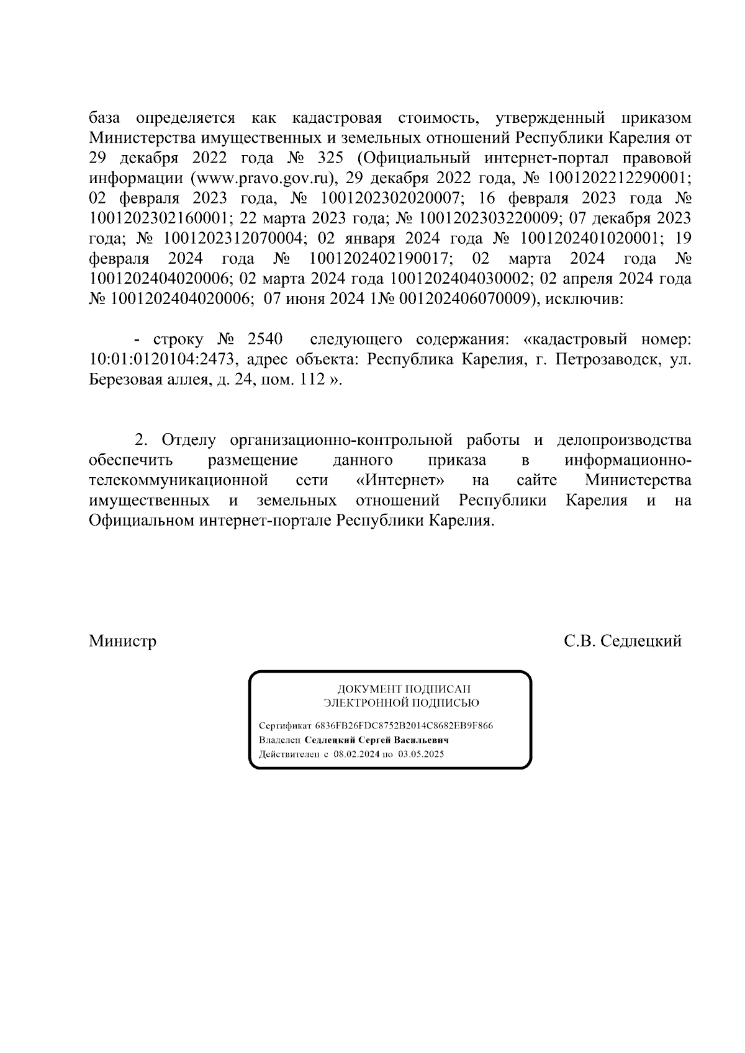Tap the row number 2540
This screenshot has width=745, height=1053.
coord(265,339)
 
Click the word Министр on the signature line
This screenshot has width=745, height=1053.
coord(122,640)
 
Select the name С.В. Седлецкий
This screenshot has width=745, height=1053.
coord(622,640)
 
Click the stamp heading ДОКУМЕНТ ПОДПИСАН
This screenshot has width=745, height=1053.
coord(404,689)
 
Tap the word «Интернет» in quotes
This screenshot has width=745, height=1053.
coord(402,480)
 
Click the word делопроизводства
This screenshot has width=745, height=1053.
coord(623,440)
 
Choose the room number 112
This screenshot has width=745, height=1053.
coord(312,380)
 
